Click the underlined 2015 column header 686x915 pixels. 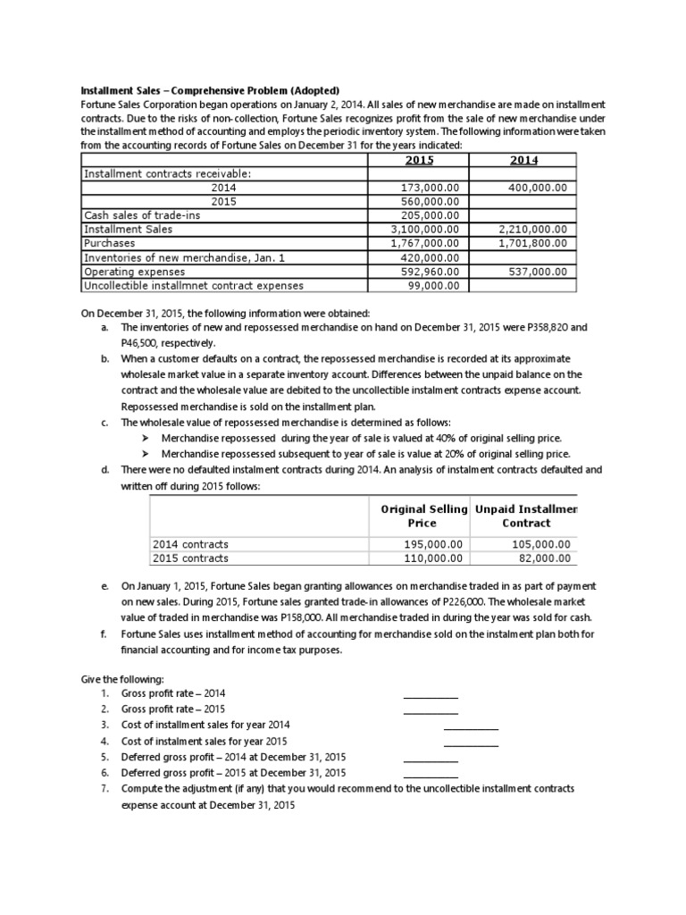click(419, 160)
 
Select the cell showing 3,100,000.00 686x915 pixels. click(425, 229)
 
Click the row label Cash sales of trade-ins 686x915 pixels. click(136, 215)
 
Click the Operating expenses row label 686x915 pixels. click(135, 272)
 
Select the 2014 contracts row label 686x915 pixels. click(191, 543)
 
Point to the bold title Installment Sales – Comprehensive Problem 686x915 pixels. click(211, 90)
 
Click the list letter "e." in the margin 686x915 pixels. click(105, 585)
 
